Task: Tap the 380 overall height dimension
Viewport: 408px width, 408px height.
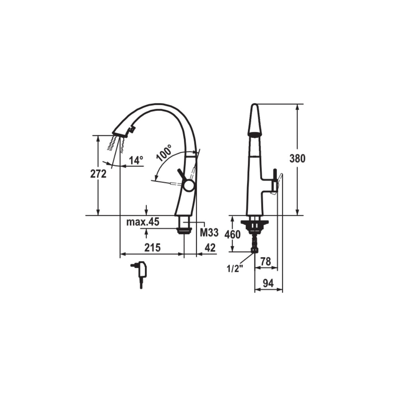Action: click(297, 159)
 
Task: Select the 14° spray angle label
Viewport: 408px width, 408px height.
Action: click(136, 161)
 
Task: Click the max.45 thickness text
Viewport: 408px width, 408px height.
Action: click(143, 222)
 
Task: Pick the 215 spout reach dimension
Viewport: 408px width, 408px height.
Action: click(152, 248)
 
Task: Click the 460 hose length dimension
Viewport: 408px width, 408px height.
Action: click(232, 234)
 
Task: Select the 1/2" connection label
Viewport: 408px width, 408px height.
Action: click(235, 269)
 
